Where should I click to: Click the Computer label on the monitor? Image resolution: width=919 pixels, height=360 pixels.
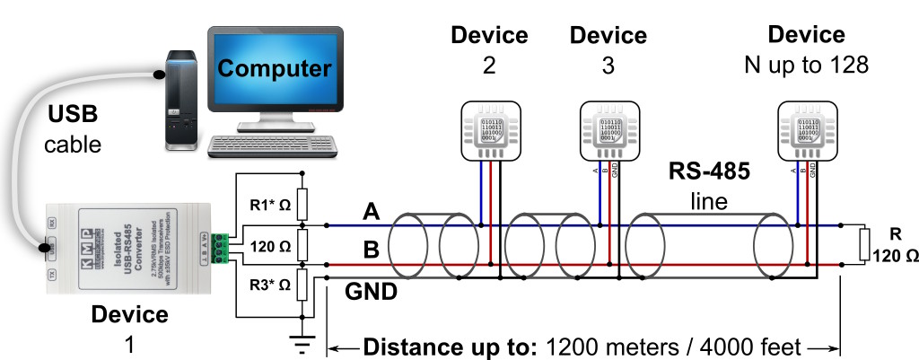274,68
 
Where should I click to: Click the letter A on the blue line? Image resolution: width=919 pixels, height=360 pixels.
371,213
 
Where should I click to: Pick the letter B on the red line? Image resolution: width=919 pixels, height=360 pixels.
371,252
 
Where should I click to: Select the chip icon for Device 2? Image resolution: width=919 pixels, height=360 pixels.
490,130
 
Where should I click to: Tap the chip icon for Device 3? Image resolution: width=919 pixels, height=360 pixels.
609,130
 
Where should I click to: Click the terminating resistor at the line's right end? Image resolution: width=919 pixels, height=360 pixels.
863,242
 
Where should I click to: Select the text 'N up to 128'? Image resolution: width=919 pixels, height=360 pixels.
807,66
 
